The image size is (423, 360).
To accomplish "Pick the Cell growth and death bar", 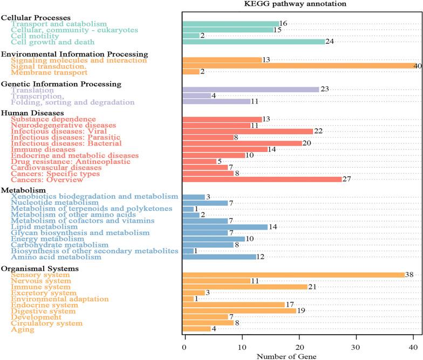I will (x=254, y=41).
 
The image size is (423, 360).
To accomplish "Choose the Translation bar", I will (x=251, y=90).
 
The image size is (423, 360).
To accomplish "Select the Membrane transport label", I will (x=49, y=72).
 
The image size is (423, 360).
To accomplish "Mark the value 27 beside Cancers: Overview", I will (x=347, y=179).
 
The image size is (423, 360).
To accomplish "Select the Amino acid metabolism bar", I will (x=219, y=257).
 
